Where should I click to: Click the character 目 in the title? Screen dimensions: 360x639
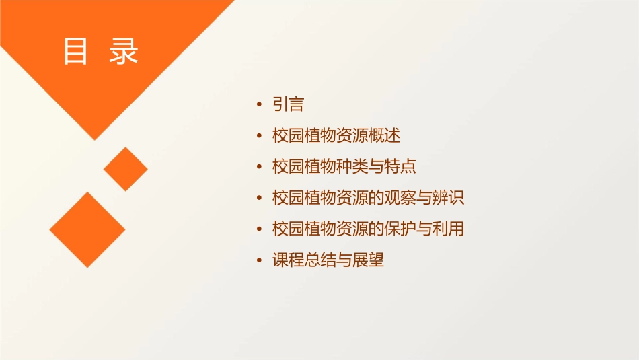pyautogui.click(x=76, y=52)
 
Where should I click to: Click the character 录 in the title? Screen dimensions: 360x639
pyautogui.click(x=124, y=52)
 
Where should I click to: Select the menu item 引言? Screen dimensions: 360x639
pyautogui.click(x=289, y=104)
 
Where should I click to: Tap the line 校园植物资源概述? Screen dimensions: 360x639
pyautogui.click(x=336, y=135)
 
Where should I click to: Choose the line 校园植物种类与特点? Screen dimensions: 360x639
pyautogui.click(x=344, y=167)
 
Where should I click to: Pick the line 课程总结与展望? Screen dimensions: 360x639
pyautogui.click(x=328, y=260)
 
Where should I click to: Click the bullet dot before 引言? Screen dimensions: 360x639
pyautogui.click(x=260, y=105)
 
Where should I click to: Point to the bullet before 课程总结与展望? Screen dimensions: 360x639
pyautogui.click(x=260, y=261)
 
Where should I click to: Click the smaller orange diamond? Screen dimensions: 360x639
pyautogui.click(x=126, y=169)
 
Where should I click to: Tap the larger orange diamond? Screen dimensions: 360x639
pyautogui.click(x=87, y=229)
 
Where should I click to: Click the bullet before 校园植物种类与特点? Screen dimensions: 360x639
pyautogui.click(x=260, y=168)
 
